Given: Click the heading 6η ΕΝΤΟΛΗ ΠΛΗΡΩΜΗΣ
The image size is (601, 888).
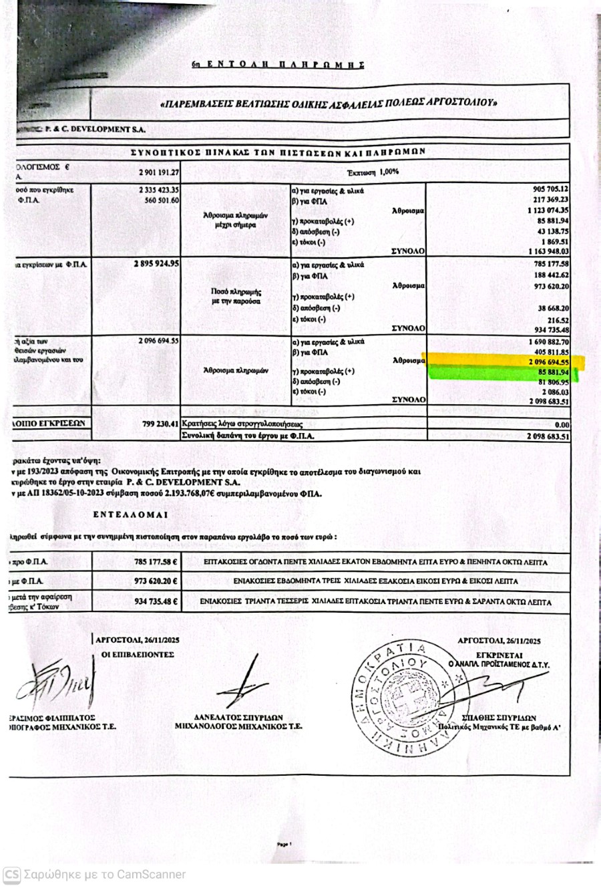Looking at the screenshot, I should pos(278,65).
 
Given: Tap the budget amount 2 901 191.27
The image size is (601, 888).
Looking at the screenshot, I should pos(158,172).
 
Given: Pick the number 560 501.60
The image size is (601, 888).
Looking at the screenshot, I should pos(158,200).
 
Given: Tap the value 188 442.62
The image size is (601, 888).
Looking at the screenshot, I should pos(548,275).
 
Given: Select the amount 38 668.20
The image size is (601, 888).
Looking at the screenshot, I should pos(551,308).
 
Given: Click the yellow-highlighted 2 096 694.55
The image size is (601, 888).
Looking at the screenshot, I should pos(546,361).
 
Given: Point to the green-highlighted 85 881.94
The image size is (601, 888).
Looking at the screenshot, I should pos(548,372).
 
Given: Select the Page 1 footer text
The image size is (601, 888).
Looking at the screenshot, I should pos(285,845).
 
